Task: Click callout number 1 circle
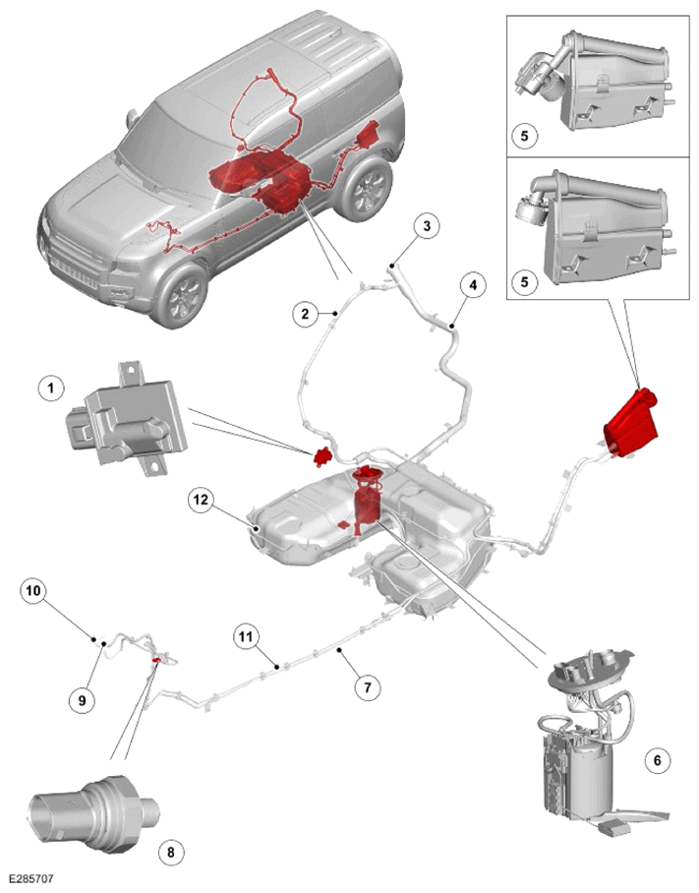pos(52,388)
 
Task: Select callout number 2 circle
pos(306,313)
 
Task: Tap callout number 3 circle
pos(427,225)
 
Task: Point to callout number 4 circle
pos(474,286)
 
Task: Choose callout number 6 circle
pos(658,759)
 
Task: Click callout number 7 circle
pos(367,687)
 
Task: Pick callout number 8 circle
pos(171,852)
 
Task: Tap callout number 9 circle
pos(83,700)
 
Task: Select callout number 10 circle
pos(33,591)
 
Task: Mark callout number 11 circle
pos(246,636)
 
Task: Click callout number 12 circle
pos(201,500)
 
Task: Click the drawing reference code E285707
pos(31,879)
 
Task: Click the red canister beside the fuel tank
pos(631,423)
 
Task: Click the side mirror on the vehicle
pos(132,117)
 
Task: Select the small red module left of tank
pos(323,456)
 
